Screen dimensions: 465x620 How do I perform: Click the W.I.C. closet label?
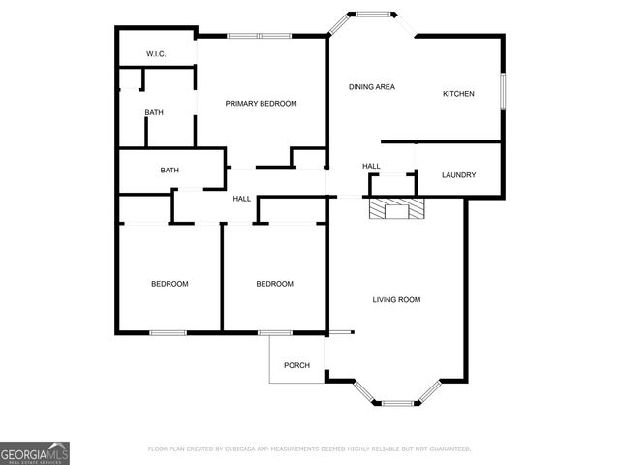(x=156, y=54)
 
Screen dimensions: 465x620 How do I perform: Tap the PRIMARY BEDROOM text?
(x=261, y=103)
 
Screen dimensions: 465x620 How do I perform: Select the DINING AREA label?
(x=372, y=87)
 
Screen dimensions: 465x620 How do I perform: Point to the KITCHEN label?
(x=458, y=94)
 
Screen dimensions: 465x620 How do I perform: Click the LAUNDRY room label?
(x=458, y=175)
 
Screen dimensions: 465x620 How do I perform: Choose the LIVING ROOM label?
(x=396, y=300)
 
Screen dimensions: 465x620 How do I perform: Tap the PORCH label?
(x=296, y=365)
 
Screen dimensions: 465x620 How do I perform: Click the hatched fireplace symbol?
(x=395, y=211)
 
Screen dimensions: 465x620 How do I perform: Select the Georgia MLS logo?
(x=35, y=453)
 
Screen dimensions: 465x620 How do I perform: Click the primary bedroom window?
(x=259, y=36)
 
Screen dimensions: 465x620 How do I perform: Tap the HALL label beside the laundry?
(x=371, y=167)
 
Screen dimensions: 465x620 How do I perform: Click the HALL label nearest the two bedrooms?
(x=241, y=199)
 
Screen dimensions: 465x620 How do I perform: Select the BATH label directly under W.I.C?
(x=154, y=112)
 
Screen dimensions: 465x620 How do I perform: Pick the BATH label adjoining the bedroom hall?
(x=170, y=170)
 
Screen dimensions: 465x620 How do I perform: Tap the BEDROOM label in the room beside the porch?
(x=274, y=284)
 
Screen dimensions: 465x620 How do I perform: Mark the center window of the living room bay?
(x=396, y=402)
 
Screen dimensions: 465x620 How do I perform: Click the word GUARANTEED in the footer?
(x=448, y=449)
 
